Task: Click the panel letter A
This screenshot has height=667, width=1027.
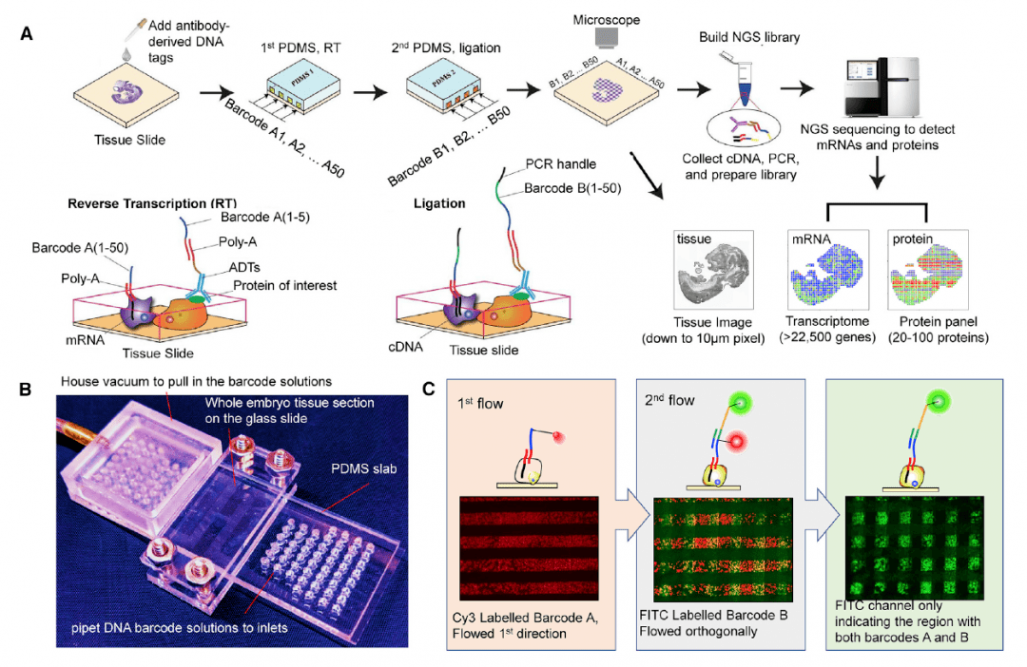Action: pos(26,33)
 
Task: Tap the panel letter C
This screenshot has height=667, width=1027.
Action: pos(430,389)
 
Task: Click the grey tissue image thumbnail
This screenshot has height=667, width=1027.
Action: pos(713,269)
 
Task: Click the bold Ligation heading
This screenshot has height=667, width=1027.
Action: pos(439,204)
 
